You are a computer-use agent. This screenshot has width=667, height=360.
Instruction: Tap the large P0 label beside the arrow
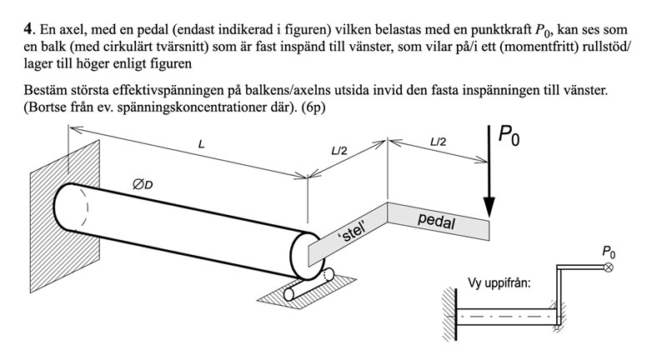pos(509,136)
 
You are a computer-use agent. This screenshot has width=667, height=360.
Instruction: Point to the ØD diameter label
pos(143,183)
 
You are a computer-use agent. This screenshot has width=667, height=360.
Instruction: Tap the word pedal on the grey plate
pos(436,222)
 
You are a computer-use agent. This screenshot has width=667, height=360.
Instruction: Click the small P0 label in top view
pos(609,251)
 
